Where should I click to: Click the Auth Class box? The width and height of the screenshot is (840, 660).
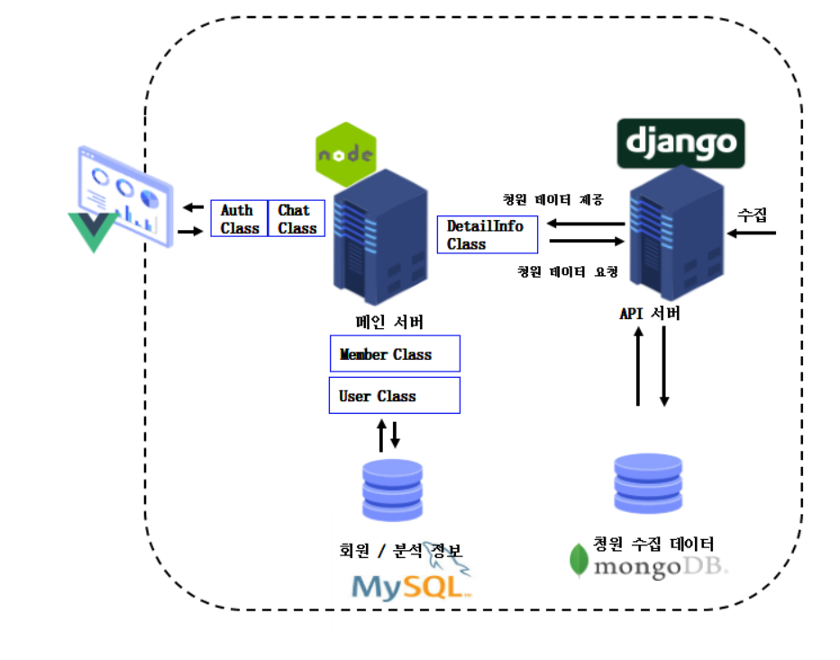pos(239,219)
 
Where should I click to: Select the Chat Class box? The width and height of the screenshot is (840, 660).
pos(296,219)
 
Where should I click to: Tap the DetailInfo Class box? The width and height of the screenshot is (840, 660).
pos(487,234)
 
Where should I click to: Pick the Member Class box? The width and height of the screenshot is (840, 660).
pos(395,353)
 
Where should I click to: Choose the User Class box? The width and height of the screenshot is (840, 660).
pos(395,395)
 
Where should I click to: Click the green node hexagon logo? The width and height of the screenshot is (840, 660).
pos(345,154)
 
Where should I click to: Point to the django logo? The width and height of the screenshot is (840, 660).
pos(680,142)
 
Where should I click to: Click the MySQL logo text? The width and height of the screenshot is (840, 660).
pos(410,586)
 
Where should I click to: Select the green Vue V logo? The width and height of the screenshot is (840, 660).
pos(91,231)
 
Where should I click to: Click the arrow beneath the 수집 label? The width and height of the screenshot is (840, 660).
pos(752,234)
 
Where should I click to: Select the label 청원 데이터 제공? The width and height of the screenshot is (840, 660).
pos(552,198)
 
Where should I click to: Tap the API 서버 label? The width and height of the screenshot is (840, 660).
pos(649,314)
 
